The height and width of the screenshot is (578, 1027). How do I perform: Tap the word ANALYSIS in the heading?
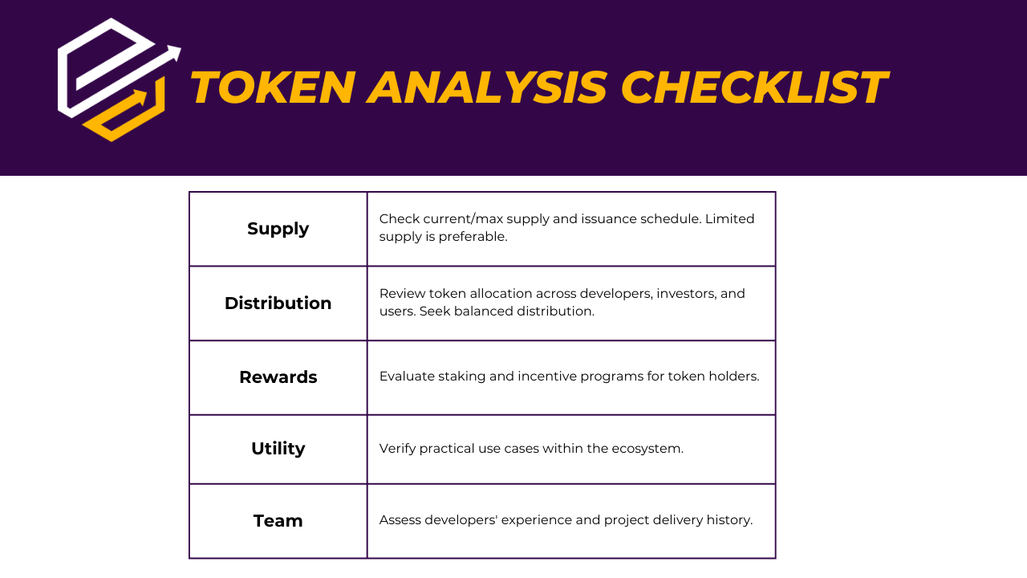[x=488, y=88]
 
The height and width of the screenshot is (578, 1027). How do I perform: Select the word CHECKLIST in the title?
[x=755, y=88]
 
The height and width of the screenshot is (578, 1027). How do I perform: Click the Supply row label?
[x=278, y=229]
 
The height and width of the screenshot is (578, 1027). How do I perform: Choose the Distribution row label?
[x=278, y=303]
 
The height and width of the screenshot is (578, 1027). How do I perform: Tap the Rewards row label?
[x=278, y=377]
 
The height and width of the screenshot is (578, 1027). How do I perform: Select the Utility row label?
[x=278, y=449]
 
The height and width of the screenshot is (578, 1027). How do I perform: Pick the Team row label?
[x=278, y=521]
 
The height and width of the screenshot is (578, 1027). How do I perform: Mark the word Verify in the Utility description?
[x=397, y=449]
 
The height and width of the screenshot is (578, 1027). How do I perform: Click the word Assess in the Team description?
[x=400, y=519]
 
